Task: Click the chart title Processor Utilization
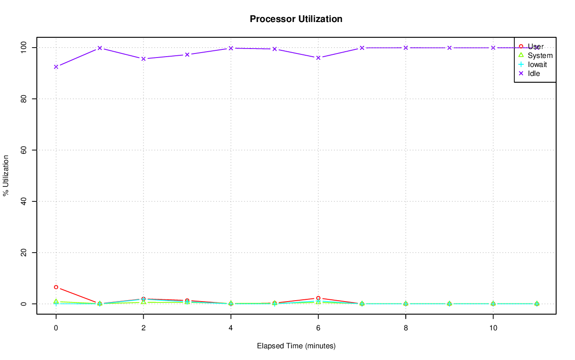[296, 19]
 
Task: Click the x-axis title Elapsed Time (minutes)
[296, 346]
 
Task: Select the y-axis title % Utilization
[6, 175]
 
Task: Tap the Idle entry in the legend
[534, 73]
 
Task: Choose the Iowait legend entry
[537, 64]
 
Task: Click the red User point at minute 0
[56, 287]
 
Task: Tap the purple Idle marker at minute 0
[56, 67]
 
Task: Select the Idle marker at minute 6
[318, 58]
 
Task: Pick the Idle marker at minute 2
[143, 59]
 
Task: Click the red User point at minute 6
[318, 298]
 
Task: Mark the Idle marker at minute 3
[187, 54]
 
